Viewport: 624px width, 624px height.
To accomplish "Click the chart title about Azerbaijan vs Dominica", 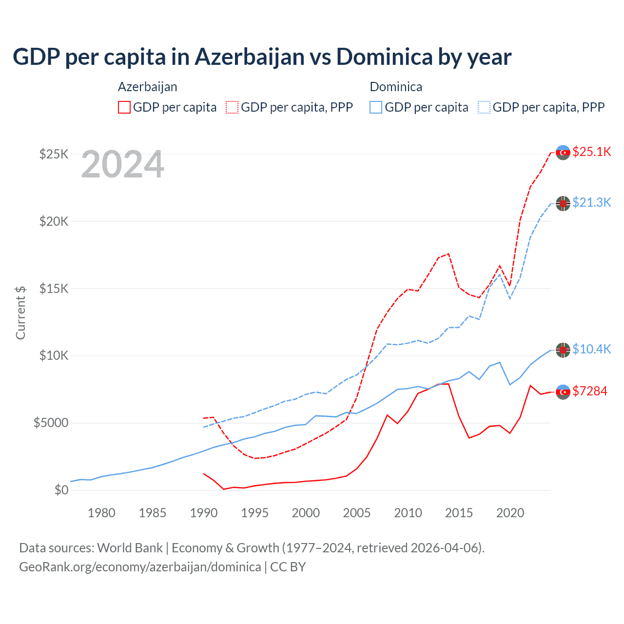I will [262, 57].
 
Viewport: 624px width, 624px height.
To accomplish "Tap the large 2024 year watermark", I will [122, 165].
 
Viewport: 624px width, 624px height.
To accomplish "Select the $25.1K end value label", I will [591, 152].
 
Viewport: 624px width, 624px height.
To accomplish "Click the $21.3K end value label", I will [591, 202].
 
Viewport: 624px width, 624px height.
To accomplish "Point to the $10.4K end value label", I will [591, 349].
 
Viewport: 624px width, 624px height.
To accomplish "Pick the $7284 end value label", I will [590, 391].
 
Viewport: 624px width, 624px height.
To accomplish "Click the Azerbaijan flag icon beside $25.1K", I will [563, 153].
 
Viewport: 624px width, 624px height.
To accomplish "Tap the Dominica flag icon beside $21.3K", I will [563, 203].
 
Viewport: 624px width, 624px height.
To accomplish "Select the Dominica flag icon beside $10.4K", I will [563, 350].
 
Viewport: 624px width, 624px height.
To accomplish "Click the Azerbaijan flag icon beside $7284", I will [563, 392].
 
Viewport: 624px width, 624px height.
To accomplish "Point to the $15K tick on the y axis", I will [54, 289].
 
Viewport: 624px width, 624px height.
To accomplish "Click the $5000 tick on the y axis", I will [51, 423].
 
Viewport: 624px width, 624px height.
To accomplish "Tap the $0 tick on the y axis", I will [61, 490].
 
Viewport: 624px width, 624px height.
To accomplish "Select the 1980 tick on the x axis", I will [101, 513].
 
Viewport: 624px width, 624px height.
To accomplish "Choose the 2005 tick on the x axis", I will [357, 513].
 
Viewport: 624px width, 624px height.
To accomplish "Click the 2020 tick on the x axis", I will [510, 513].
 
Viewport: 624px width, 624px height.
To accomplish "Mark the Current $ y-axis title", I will [20, 312].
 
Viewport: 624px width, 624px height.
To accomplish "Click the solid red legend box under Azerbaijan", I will [124, 107].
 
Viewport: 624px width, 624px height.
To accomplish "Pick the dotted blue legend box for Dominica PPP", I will [484, 107].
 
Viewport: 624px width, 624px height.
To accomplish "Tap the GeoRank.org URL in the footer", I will [140, 567].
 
